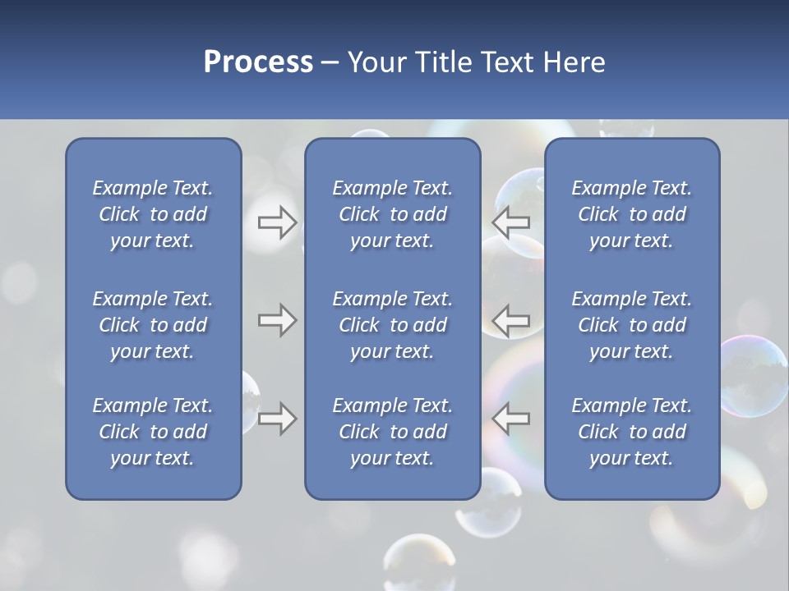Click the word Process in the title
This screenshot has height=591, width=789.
[x=258, y=62]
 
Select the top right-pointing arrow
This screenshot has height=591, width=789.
[x=277, y=222]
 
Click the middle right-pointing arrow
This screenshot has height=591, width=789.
[x=277, y=320]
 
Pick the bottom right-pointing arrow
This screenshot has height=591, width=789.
[x=277, y=419]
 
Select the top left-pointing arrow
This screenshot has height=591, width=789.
[x=510, y=222]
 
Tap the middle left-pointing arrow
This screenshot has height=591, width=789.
[x=510, y=320]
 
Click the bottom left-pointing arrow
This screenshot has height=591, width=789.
[x=510, y=419]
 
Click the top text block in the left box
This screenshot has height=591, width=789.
[x=153, y=214]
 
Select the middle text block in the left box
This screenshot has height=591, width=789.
[x=153, y=325]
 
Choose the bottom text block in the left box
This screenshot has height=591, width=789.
[x=153, y=432]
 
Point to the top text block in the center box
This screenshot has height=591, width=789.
[x=392, y=214]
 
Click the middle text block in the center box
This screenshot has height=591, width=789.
[x=392, y=325]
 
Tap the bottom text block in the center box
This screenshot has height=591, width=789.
[x=392, y=432]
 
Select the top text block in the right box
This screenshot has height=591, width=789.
[x=631, y=214]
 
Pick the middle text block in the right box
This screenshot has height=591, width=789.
[x=631, y=325]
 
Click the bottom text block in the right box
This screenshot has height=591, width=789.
[x=631, y=432]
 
